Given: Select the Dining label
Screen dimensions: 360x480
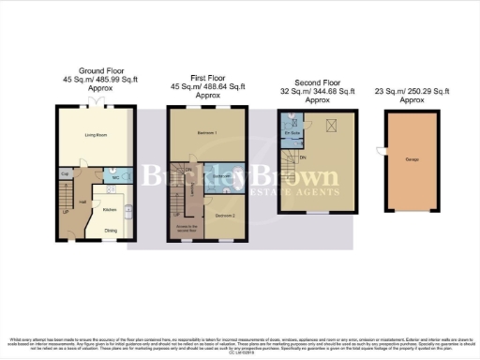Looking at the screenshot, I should (x=111, y=230).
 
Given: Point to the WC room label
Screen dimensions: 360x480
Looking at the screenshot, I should (x=113, y=177).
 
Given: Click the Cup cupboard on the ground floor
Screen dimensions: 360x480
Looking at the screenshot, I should (x=65, y=174).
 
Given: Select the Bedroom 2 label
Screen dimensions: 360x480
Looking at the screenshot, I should (x=224, y=216).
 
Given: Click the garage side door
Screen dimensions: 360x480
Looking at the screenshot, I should (x=380, y=152).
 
